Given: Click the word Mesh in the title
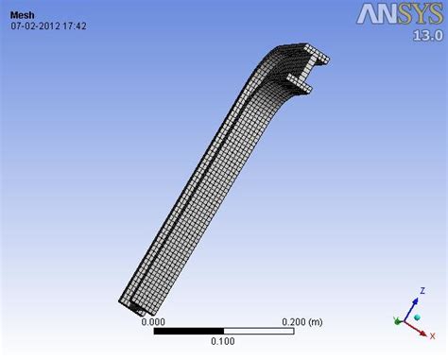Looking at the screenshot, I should (x=22, y=14).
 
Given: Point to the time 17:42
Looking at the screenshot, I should (x=76, y=26).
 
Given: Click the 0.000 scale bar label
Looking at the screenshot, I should (x=154, y=321).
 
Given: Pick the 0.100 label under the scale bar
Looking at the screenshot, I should (x=223, y=341).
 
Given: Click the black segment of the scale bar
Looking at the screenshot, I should (x=188, y=331).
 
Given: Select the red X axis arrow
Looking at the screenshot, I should (x=421, y=323).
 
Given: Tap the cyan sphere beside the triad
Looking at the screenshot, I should (x=396, y=317).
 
